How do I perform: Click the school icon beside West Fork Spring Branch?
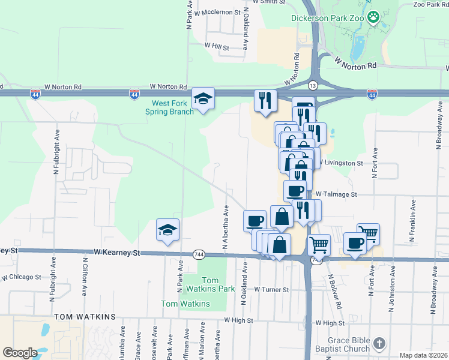(x=203, y=98)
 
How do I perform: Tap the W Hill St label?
(x=217, y=45)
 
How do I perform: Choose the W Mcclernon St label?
(x=216, y=11)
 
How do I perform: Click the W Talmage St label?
(x=336, y=194)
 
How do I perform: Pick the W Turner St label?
(x=271, y=289)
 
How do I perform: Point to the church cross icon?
(x=379, y=344)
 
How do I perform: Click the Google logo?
(x=19, y=352)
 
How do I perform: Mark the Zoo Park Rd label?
(x=428, y=4)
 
